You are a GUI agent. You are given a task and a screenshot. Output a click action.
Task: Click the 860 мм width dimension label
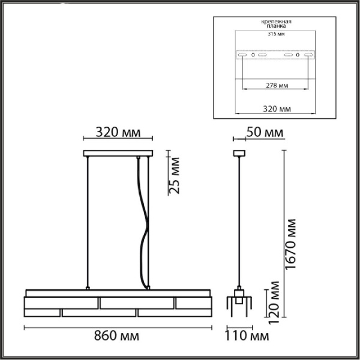116,336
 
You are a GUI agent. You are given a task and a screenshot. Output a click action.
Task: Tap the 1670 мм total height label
290,244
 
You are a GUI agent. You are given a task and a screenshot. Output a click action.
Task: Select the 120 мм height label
274,302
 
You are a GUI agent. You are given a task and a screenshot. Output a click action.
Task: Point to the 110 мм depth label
247,336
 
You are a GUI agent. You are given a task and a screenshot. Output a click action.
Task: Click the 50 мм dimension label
265,133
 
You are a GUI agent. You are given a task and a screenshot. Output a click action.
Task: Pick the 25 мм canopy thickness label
174,176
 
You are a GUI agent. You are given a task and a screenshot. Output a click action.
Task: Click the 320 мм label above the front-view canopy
118,133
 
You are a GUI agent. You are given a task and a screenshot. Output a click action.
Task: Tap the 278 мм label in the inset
277,86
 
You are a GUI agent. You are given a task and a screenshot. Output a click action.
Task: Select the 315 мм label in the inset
276,34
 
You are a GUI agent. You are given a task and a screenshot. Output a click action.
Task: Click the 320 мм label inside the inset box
277,109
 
